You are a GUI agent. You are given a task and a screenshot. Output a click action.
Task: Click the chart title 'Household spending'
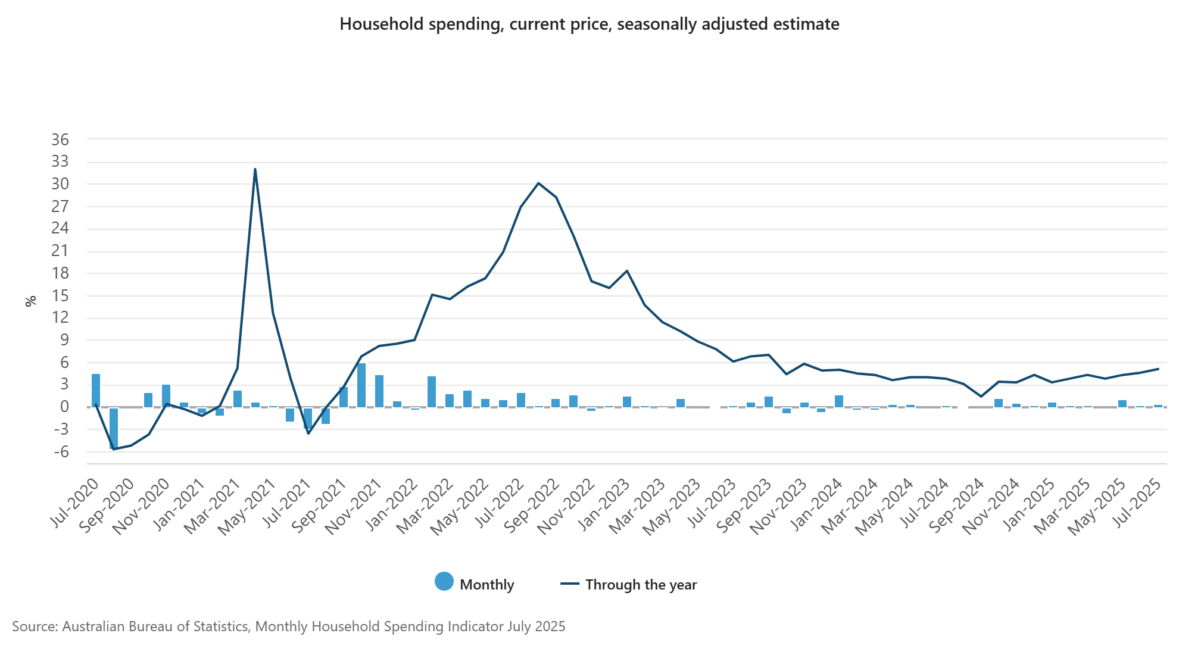tap(589, 24)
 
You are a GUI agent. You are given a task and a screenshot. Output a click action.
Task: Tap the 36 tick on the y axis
tap(60, 140)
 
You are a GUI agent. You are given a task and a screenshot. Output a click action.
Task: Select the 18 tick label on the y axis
tap(60, 273)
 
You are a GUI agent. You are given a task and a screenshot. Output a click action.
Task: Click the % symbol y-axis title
tap(31, 301)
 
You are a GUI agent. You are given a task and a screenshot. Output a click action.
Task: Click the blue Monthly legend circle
tap(444, 582)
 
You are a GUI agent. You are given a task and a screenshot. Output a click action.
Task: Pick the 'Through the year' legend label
tap(641, 585)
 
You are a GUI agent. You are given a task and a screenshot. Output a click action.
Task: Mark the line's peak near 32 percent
tap(255, 170)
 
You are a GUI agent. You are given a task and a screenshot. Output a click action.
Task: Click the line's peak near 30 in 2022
tap(538, 183)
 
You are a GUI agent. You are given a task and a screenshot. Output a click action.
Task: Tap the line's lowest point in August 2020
tap(113, 449)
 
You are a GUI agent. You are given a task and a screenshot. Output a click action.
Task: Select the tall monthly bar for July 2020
tap(96, 390)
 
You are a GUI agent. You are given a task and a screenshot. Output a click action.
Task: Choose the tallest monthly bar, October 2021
tap(361, 385)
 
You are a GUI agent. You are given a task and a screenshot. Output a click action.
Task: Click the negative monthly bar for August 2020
tap(113, 428)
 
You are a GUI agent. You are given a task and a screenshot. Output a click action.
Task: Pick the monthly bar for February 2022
tap(432, 391)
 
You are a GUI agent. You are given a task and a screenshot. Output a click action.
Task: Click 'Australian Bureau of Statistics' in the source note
tap(155, 626)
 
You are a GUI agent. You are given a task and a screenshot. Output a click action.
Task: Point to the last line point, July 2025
tap(1158, 369)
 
